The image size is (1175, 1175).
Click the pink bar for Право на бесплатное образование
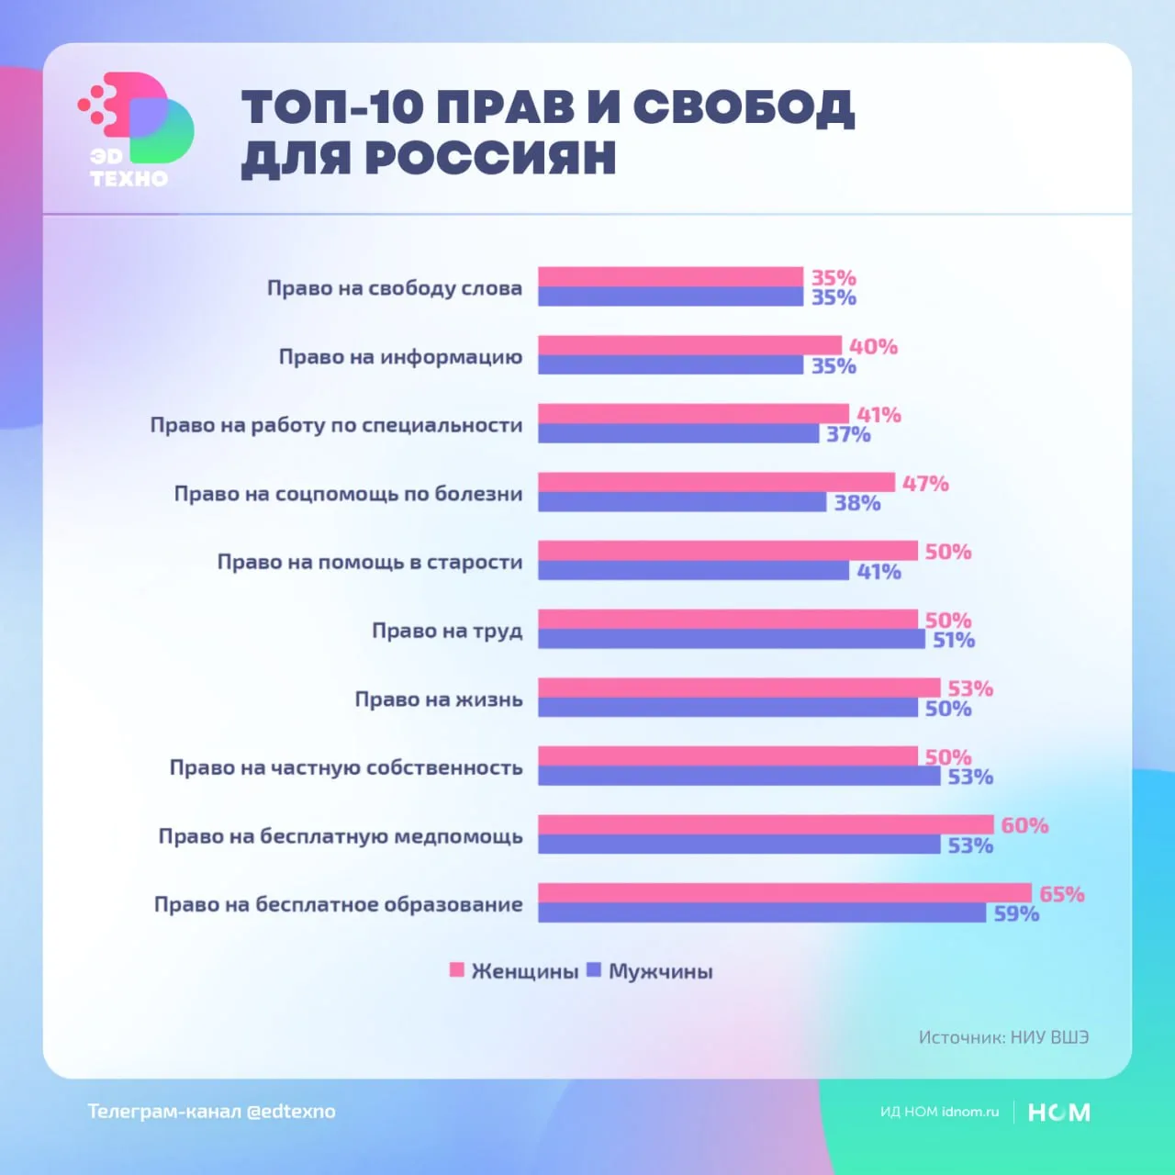[x=785, y=893]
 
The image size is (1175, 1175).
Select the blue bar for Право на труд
[x=732, y=639]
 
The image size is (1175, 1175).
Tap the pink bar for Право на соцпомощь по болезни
[x=716, y=482]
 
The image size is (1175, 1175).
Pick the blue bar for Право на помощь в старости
[x=693, y=571]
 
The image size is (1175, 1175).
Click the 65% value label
[x=1062, y=894]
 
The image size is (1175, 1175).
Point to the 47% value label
[x=925, y=483]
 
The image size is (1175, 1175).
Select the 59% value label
[x=1016, y=914]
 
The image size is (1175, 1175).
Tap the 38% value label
[x=857, y=503]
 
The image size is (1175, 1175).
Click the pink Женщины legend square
[x=456, y=970]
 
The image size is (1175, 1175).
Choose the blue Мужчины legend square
[x=594, y=970]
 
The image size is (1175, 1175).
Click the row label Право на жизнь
[x=439, y=699]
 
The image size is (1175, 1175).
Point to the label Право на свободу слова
[x=395, y=288]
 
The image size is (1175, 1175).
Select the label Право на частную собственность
[x=346, y=767]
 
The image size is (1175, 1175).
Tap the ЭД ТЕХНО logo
[x=136, y=129]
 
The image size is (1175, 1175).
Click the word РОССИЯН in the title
[x=490, y=158]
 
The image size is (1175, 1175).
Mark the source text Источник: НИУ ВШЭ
[x=1003, y=1037]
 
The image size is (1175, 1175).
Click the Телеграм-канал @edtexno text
[x=212, y=1112]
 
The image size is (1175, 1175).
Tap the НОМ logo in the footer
[x=1058, y=1113]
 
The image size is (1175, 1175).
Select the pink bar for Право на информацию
[x=689, y=345]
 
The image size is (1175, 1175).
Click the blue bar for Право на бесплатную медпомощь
[x=739, y=845]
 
